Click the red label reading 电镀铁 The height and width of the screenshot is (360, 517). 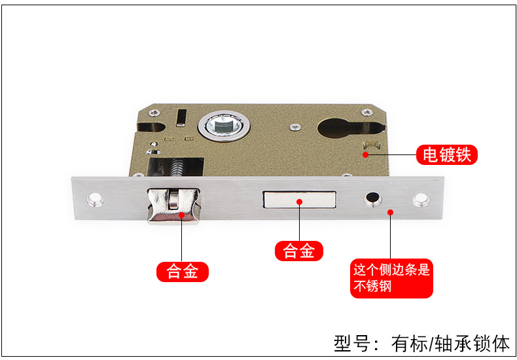click(x=447, y=155)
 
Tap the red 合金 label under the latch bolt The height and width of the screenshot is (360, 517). click(x=182, y=272)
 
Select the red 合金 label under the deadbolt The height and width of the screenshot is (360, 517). click(x=299, y=251)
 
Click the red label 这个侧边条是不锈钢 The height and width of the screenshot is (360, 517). click(x=391, y=278)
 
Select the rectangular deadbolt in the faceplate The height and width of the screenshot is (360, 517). click(x=298, y=202)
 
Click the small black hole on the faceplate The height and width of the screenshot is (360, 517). click(x=373, y=198)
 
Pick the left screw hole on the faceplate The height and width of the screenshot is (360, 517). click(x=98, y=198)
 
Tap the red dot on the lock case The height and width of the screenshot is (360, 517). click(x=366, y=155)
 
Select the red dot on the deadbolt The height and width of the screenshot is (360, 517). click(x=299, y=202)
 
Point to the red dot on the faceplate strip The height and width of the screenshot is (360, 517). click(x=391, y=211)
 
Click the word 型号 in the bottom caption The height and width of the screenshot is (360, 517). click(x=351, y=343)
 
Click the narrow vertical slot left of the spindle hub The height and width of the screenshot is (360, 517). click(x=183, y=116)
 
